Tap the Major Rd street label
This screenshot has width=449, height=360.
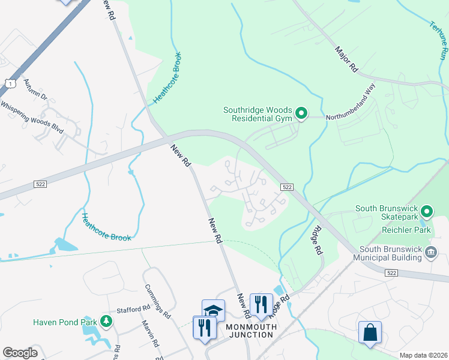point(346,60)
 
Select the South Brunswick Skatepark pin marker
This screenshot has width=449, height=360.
point(427,211)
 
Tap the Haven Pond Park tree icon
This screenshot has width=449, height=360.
point(106,322)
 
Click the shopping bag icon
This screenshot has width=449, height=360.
point(370,332)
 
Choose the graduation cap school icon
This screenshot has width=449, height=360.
point(213,311)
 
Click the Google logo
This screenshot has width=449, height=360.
point(20,353)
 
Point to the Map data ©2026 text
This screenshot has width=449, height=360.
point(424,355)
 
